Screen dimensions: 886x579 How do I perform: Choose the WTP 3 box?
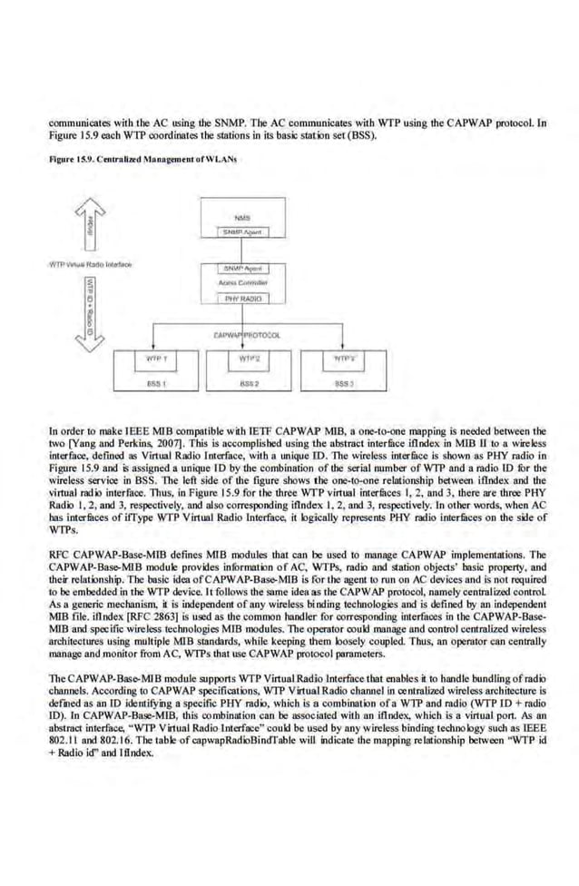pos(339,360)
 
